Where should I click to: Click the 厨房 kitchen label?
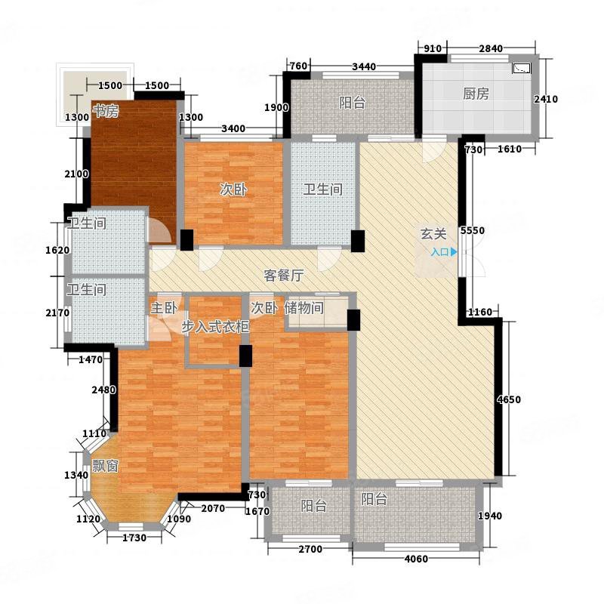tap(476, 94)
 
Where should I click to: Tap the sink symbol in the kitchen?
tap(522, 68)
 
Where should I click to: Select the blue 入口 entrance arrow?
tap(455, 252)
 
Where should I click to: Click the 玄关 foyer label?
tap(433, 234)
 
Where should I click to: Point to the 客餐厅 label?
tap(284, 275)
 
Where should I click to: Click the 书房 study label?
tap(106, 111)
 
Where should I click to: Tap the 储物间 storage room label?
tap(304, 308)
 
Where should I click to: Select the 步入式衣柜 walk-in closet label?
tap(215, 327)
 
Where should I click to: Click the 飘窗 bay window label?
tap(105, 466)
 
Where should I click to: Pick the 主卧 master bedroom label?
tap(164, 308)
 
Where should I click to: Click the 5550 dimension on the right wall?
tap(473, 230)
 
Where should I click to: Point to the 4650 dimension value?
tap(508, 399)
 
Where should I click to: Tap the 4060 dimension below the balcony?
tap(416, 559)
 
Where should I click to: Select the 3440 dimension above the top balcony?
tap(364, 66)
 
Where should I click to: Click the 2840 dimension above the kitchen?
tap(491, 48)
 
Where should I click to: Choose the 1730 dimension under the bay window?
tap(134, 538)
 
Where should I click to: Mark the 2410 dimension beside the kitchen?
tap(546, 99)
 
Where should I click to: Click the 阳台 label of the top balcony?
tap(352, 103)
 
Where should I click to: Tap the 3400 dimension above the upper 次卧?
tap(233, 128)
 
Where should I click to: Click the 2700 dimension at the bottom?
tap(310, 549)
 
